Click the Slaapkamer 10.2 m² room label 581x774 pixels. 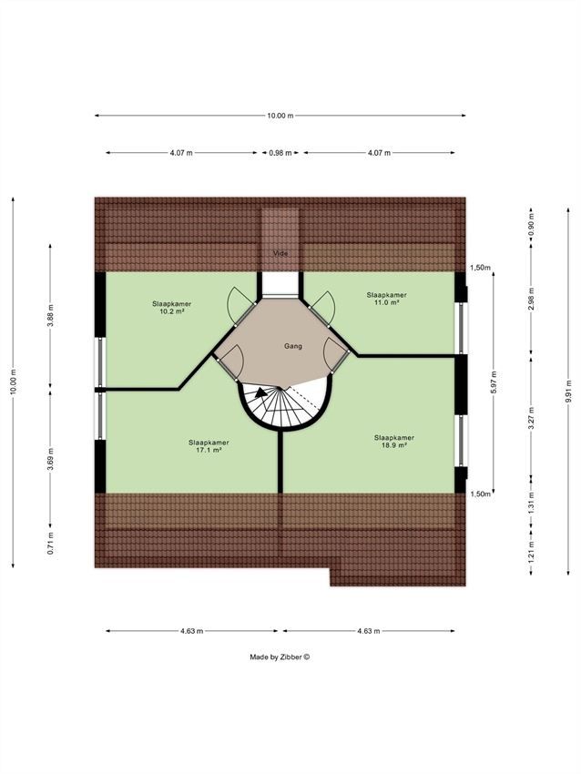point(172,308)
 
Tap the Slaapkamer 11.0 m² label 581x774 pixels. point(386,299)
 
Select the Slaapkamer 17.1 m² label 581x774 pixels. point(209,446)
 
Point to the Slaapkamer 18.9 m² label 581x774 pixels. point(394,442)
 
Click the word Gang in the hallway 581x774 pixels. point(292,346)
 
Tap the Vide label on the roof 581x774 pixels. point(280,253)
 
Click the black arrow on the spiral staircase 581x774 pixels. point(260,392)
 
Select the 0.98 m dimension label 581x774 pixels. point(280,153)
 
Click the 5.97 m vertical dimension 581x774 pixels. point(494,382)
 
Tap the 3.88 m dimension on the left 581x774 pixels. point(50,316)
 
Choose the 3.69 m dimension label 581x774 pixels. point(50,459)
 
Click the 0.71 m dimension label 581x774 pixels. point(50,543)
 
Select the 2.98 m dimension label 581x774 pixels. point(531,299)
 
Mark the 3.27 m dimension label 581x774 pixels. point(531,418)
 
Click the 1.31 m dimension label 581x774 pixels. point(531,503)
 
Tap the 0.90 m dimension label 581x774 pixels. point(531,225)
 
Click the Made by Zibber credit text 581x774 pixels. point(280,657)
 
